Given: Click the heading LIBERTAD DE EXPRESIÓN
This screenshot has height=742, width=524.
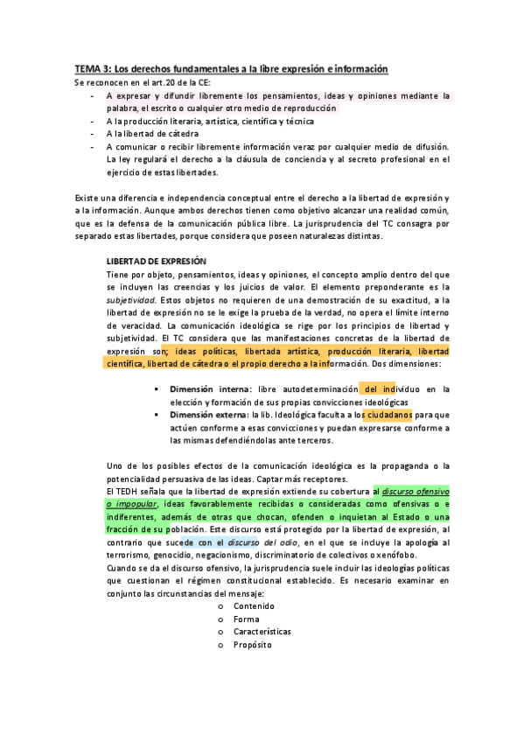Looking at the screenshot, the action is pyautogui.click(x=156, y=261).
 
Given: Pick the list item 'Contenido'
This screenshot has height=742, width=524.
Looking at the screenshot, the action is pyautogui.click(x=254, y=605).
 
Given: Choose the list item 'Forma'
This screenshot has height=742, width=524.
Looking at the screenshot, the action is pyautogui.click(x=246, y=619).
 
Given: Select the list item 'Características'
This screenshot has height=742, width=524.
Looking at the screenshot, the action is pyautogui.click(x=262, y=631).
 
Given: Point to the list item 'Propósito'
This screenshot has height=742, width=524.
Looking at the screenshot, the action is pyautogui.click(x=253, y=644).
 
